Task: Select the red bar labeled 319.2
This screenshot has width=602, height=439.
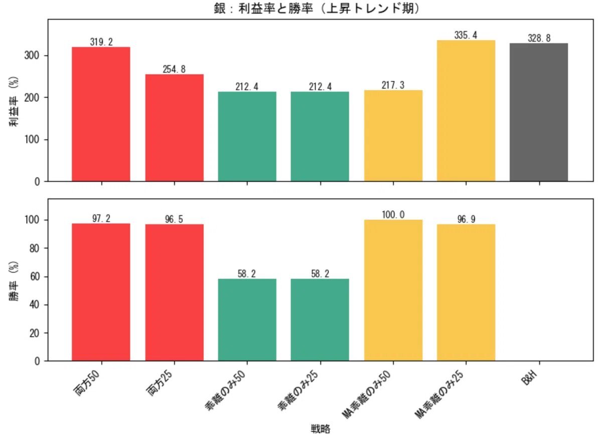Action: pos(101,114)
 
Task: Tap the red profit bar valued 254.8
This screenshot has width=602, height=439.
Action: pos(175,127)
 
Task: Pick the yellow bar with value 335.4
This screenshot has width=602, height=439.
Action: pos(466,110)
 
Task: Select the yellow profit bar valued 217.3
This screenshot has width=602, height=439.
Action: pos(393,135)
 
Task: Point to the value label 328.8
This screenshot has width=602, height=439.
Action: pos(539,38)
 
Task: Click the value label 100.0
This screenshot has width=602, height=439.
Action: pos(393,215)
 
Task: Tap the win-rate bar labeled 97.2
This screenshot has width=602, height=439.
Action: pos(101,292)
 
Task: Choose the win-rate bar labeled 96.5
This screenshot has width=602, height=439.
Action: pos(175,292)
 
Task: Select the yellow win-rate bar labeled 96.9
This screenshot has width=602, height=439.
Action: pos(466,292)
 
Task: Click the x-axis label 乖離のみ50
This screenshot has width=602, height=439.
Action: pos(227,391)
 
